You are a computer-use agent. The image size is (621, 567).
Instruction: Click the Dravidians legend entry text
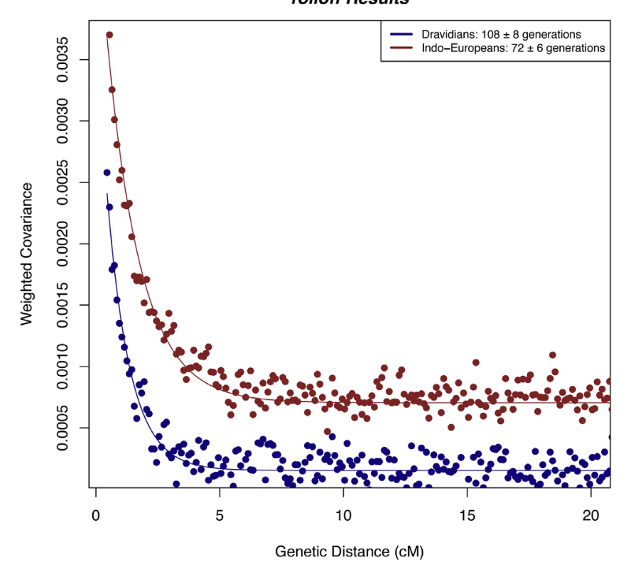501,34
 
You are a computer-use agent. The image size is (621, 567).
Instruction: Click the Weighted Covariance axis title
27,254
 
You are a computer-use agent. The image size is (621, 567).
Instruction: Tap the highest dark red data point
109,35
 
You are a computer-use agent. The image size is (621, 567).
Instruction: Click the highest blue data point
107,173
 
